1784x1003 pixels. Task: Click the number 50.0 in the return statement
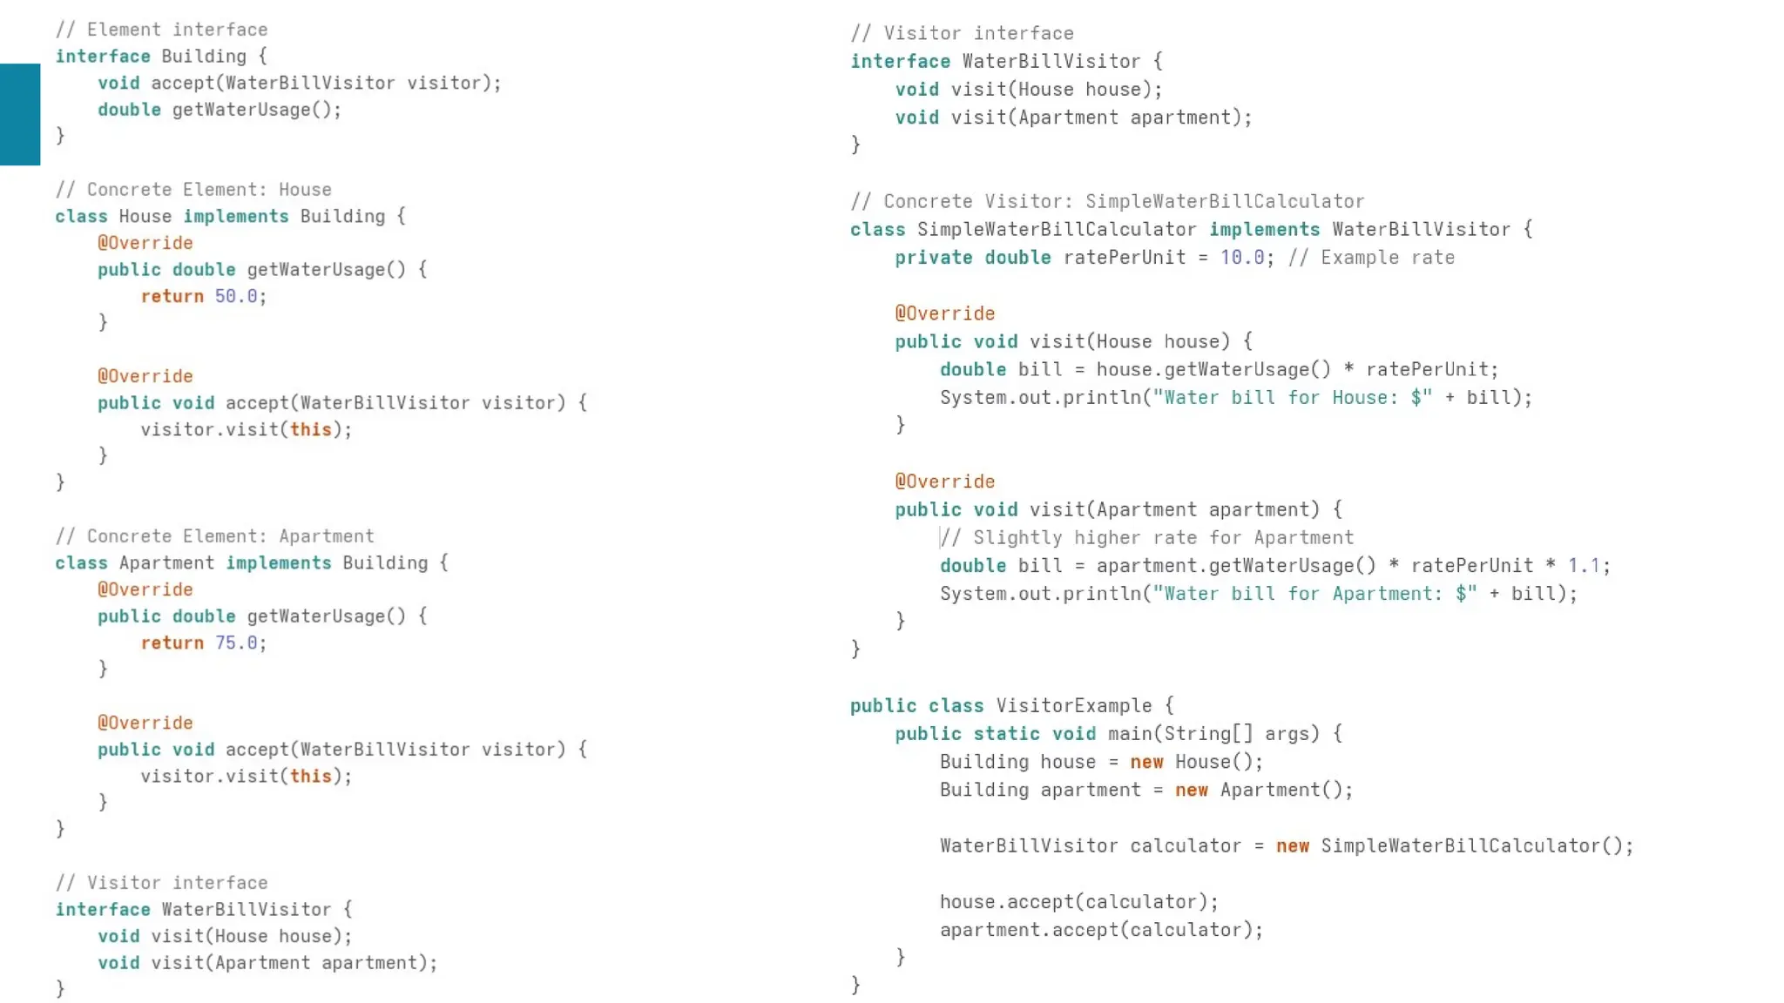point(236,296)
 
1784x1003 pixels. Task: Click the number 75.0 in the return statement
point(236,643)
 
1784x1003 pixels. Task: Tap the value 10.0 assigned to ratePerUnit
point(1241,258)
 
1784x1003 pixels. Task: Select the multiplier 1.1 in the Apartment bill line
point(1584,566)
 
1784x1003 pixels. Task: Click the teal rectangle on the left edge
point(20,114)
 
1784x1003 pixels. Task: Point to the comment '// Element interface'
point(161,30)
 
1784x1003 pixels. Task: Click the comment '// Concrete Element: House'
point(193,190)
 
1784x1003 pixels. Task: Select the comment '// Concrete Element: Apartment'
point(214,536)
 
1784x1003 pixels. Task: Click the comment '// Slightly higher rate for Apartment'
point(1147,538)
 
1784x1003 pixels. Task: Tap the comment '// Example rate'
point(1371,258)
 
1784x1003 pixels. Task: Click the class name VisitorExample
point(1073,706)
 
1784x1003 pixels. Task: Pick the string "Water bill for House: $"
point(1293,398)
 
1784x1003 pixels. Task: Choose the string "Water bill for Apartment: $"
point(1314,594)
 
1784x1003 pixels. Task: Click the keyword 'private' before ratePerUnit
point(933,258)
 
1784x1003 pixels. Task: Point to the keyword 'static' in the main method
point(1006,734)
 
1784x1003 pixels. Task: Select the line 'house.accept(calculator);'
point(1078,902)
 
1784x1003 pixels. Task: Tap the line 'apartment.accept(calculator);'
point(1101,930)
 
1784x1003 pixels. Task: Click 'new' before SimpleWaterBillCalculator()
point(1292,846)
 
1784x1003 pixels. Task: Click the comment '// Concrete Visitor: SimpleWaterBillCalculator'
point(1107,202)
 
